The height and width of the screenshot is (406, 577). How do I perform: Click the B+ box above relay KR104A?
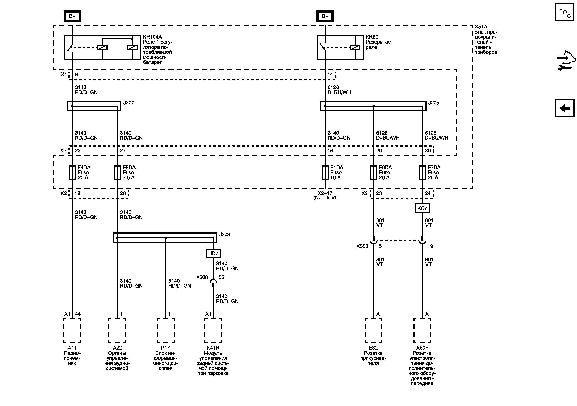(x=72, y=16)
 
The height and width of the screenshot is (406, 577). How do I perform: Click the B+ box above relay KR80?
(x=325, y=16)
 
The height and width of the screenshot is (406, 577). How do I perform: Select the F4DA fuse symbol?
(x=72, y=172)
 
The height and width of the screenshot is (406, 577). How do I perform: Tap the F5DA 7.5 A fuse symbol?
(x=117, y=172)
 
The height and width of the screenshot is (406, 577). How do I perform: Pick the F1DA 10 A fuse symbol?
(x=325, y=172)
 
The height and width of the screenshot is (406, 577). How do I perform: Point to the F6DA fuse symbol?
(x=373, y=172)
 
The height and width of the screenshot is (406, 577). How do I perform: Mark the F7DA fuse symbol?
(x=422, y=172)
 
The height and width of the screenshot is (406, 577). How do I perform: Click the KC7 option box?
(x=422, y=208)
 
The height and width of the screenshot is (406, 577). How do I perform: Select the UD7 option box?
(x=213, y=254)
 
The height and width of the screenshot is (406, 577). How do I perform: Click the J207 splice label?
(x=129, y=103)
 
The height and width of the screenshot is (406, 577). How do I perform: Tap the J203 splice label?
(x=224, y=234)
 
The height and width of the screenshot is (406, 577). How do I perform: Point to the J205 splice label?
(x=434, y=103)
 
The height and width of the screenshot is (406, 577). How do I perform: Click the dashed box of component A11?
(x=72, y=330)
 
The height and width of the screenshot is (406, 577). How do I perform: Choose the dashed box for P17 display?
(x=166, y=330)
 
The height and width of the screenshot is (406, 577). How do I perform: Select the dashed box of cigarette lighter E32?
(x=373, y=330)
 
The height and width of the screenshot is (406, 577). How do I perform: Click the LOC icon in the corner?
(x=564, y=12)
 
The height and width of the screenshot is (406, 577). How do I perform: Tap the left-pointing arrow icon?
(x=564, y=108)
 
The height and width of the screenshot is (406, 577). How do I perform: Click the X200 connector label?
(x=202, y=277)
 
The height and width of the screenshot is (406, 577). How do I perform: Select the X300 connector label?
(x=362, y=246)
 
